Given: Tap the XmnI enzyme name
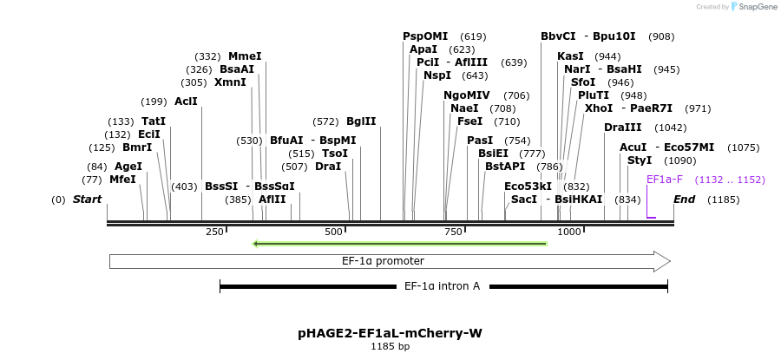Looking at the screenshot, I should [230, 82].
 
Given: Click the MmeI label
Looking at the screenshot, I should [245, 56].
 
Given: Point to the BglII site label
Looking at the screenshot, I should [361, 121].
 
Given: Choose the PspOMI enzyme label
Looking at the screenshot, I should [425, 36].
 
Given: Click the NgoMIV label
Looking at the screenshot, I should [467, 95].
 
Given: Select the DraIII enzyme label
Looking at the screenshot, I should [621, 128].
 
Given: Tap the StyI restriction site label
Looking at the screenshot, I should [639, 160].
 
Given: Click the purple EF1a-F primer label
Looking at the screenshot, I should [665, 180].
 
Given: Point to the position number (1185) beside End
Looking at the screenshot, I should [723, 200].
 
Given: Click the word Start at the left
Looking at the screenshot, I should [87, 200].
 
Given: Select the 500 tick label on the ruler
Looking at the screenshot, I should [334, 232].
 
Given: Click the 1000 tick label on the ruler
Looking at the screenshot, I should [569, 232].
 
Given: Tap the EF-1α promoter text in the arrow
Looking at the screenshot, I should [383, 260].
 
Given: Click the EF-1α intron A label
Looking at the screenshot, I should [442, 285].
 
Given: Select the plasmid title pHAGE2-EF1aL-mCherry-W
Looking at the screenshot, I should [390, 332].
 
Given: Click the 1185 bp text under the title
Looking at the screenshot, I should [390, 346].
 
